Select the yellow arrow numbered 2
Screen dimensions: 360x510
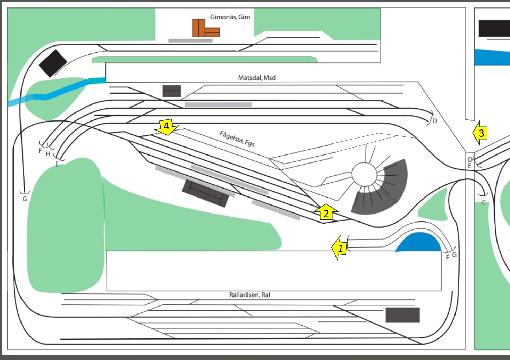[x=326, y=212]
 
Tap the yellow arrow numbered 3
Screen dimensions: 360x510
[x=481, y=133]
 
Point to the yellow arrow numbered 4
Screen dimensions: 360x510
[x=167, y=126]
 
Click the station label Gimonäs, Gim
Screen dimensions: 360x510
[x=230, y=17]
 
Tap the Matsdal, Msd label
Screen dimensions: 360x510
[x=257, y=78]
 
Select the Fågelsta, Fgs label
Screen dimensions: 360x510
[x=237, y=139]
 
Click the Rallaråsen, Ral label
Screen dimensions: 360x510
[x=249, y=295]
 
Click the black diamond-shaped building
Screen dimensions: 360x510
[x=53, y=63]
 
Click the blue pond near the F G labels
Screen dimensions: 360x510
[x=418, y=243]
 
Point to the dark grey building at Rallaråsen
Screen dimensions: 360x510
[x=402, y=315]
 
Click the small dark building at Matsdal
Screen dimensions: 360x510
[x=172, y=91]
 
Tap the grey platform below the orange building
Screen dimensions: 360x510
[x=190, y=41]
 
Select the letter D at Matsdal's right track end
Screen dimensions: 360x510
[x=435, y=121]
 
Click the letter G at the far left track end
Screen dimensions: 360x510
[x=25, y=199]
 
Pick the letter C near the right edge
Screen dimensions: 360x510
[x=484, y=202]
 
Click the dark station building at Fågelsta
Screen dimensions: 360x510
[x=206, y=193]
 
